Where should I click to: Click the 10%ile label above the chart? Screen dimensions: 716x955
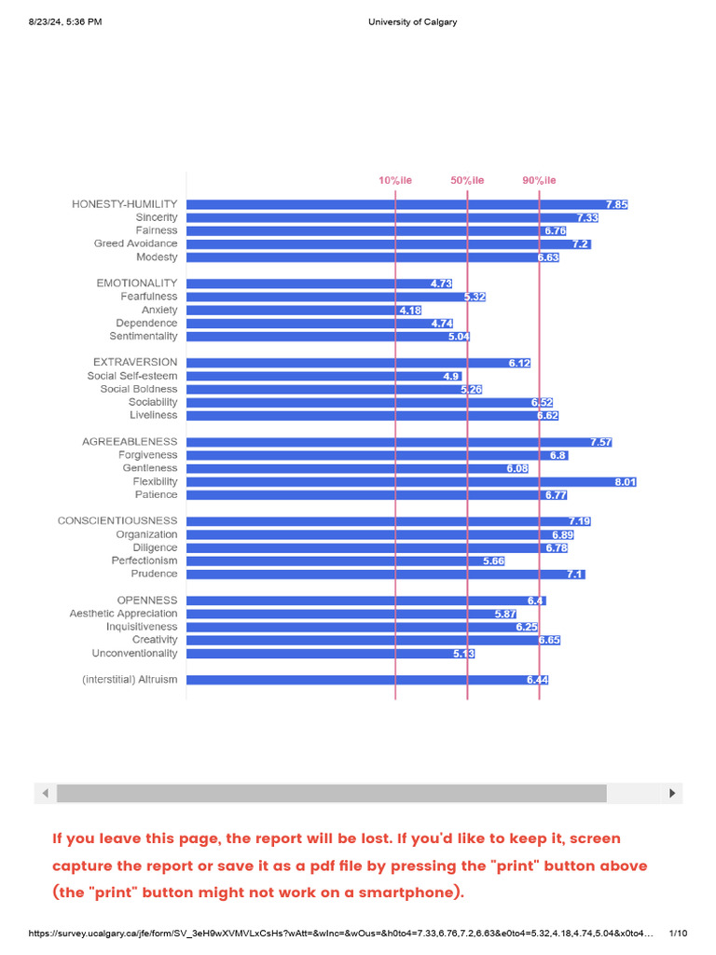point(395,180)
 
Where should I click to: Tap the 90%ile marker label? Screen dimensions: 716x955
point(539,180)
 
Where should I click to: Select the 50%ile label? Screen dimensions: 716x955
point(467,180)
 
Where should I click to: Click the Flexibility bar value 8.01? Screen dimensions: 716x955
point(626,482)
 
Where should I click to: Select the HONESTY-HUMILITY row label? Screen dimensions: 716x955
point(125,204)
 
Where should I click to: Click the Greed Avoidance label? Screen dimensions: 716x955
point(136,243)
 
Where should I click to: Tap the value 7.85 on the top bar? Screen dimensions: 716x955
point(617,204)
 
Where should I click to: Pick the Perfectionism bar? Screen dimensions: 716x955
point(346,561)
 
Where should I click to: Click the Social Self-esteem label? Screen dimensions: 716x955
point(132,376)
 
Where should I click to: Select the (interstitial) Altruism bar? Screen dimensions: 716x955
point(367,680)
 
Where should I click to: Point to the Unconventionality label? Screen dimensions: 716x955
point(134,653)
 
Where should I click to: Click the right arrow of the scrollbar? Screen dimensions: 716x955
point(672,793)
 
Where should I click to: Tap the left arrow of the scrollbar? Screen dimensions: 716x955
point(45,793)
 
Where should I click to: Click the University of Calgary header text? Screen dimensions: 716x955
point(413,22)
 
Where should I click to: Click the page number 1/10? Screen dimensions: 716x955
point(678,933)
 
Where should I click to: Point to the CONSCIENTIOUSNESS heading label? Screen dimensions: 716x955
point(117,520)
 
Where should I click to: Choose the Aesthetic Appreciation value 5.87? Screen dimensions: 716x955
point(505,614)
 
